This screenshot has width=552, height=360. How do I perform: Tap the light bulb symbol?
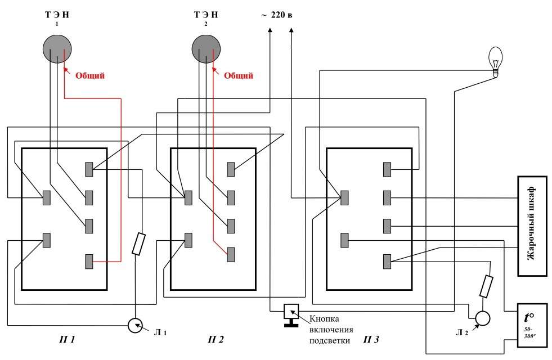click(x=495, y=60)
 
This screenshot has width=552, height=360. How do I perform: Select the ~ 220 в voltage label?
click(x=276, y=15)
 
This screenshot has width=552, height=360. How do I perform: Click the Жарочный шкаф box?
click(x=532, y=226)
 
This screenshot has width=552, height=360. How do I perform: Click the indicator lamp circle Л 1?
click(x=134, y=325)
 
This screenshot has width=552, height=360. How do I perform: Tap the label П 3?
click(x=371, y=340)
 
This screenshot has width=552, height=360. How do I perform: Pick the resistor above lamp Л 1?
click(x=139, y=245)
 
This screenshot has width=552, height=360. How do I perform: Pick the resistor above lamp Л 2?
click(x=487, y=286)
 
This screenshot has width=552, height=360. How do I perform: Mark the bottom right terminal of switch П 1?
click(x=89, y=262)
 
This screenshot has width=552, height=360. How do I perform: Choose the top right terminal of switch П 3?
click(x=387, y=169)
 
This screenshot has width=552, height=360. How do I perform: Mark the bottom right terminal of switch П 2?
click(x=231, y=254)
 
